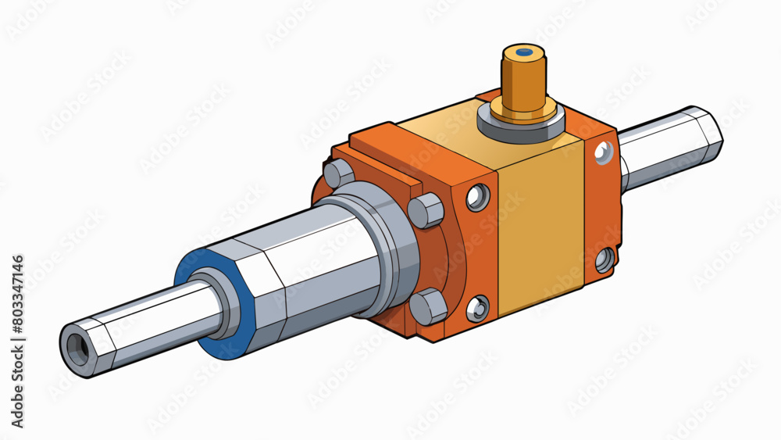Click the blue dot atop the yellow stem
525,52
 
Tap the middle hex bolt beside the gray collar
426,209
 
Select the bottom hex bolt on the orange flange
428,305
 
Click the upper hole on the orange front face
478,197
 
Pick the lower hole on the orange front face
477,308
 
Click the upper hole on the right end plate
604,154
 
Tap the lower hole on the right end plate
604,259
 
